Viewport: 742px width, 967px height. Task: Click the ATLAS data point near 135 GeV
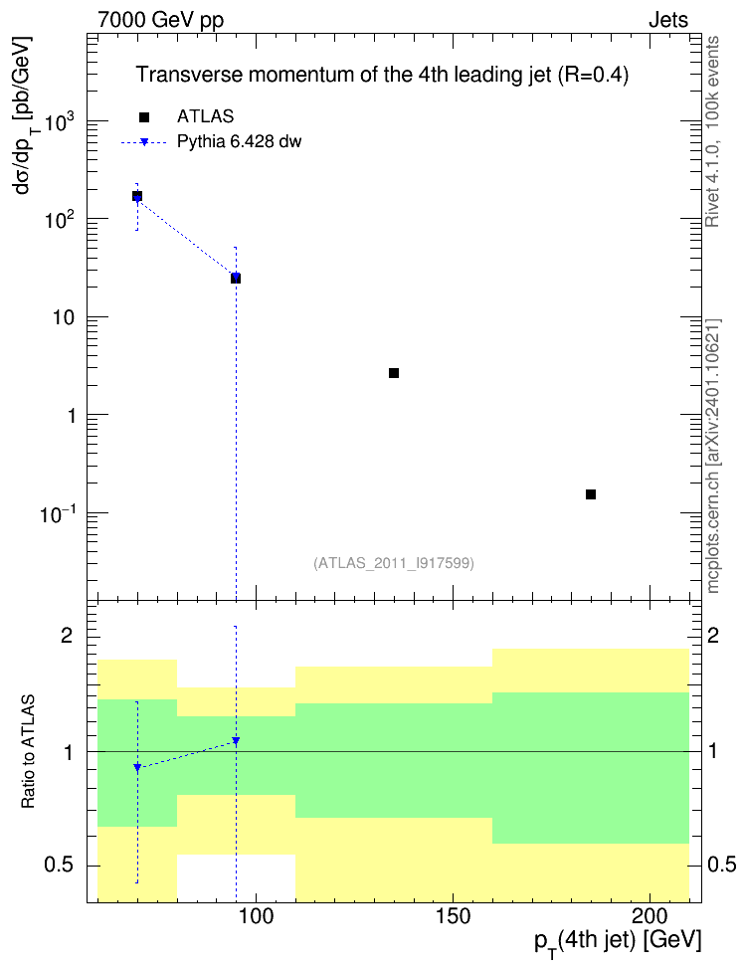coord(394,373)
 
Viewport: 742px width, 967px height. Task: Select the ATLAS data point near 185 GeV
coord(590,494)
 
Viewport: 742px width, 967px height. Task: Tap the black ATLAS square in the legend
coord(143,117)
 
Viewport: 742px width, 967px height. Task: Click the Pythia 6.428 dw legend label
coord(239,142)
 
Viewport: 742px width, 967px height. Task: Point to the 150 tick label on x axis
coord(453,916)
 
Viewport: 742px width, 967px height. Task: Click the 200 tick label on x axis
coord(650,916)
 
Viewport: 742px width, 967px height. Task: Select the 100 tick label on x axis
coord(256,916)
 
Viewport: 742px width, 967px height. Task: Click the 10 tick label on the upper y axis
coord(64,318)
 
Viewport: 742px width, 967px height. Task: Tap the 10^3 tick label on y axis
coord(60,121)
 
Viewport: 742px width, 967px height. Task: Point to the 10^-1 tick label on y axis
coord(58,513)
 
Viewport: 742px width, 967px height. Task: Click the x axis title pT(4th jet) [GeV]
coord(618,942)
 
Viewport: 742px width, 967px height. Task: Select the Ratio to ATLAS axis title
coord(28,752)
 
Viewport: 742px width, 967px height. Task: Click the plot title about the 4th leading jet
coord(382,75)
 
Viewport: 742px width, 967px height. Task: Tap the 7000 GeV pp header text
coord(160,20)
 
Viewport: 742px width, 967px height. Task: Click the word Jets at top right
coord(668,20)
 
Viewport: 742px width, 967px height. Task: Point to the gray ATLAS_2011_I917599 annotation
coord(394,563)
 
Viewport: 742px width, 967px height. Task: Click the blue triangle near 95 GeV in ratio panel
coord(236,740)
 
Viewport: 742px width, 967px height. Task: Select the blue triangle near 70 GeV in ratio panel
coord(137,768)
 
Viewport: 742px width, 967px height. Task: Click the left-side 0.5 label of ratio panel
coord(60,866)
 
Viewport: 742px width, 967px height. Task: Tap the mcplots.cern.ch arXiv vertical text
coord(713,457)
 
